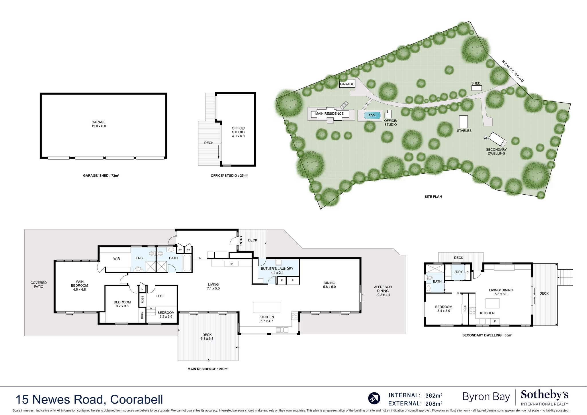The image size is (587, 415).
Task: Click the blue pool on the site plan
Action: (x=372, y=115)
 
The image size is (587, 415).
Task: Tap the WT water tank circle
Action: (x=486, y=138)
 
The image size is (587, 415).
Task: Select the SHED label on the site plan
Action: (x=476, y=83)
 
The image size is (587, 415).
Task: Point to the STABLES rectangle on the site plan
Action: (x=463, y=122)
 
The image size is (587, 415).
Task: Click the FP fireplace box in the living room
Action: (x=231, y=264)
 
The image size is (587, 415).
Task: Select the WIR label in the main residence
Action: (x=116, y=259)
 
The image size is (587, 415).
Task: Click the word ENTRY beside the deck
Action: (x=241, y=241)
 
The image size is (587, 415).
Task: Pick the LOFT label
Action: (x=161, y=296)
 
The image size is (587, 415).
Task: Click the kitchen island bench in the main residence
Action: (x=266, y=307)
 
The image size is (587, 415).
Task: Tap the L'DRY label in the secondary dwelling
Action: (x=458, y=272)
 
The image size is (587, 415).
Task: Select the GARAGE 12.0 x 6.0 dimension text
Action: (x=99, y=124)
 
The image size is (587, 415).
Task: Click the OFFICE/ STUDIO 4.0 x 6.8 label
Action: (x=238, y=132)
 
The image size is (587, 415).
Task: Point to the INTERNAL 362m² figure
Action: (x=415, y=396)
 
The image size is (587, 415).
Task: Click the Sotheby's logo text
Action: (x=544, y=395)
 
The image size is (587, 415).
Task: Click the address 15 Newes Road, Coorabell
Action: (x=89, y=400)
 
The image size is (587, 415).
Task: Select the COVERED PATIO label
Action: (x=38, y=285)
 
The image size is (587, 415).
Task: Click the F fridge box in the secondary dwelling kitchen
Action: (x=495, y=321)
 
